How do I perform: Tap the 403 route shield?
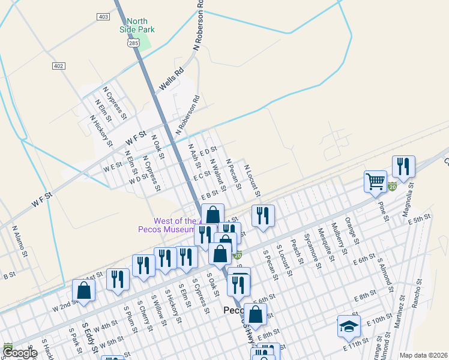[103, 17]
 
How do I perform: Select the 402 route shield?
[58, 66]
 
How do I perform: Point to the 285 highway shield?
[133, 43]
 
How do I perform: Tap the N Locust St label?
[252, 181]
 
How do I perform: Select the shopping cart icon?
[375, 180]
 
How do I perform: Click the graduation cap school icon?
[349, 326]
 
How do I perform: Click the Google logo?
[20, 353]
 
